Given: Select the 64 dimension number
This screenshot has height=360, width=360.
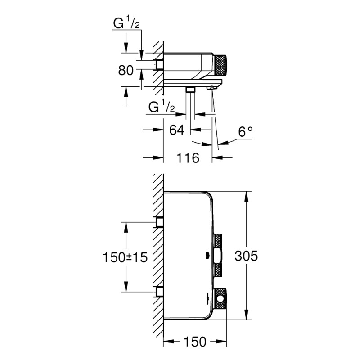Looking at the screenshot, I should click(177, 130).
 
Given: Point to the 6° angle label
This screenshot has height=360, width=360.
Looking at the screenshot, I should click(245, 131).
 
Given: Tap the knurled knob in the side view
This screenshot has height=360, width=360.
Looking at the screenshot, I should click(221, 66).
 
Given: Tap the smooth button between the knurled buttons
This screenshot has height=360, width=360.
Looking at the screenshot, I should click(218, 256).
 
